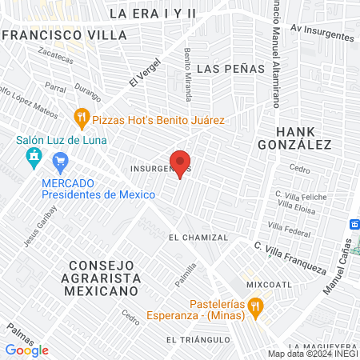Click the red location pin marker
181,162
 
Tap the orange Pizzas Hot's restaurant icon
81,120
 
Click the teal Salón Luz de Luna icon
32,157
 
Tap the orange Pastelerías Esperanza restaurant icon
255,305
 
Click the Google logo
26,350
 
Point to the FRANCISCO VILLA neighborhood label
64,36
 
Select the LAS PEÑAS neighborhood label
230,69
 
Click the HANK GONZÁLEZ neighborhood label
292,137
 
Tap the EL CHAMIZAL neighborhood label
198,238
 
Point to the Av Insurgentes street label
322,33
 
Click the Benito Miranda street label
188,74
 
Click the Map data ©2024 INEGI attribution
313,354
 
